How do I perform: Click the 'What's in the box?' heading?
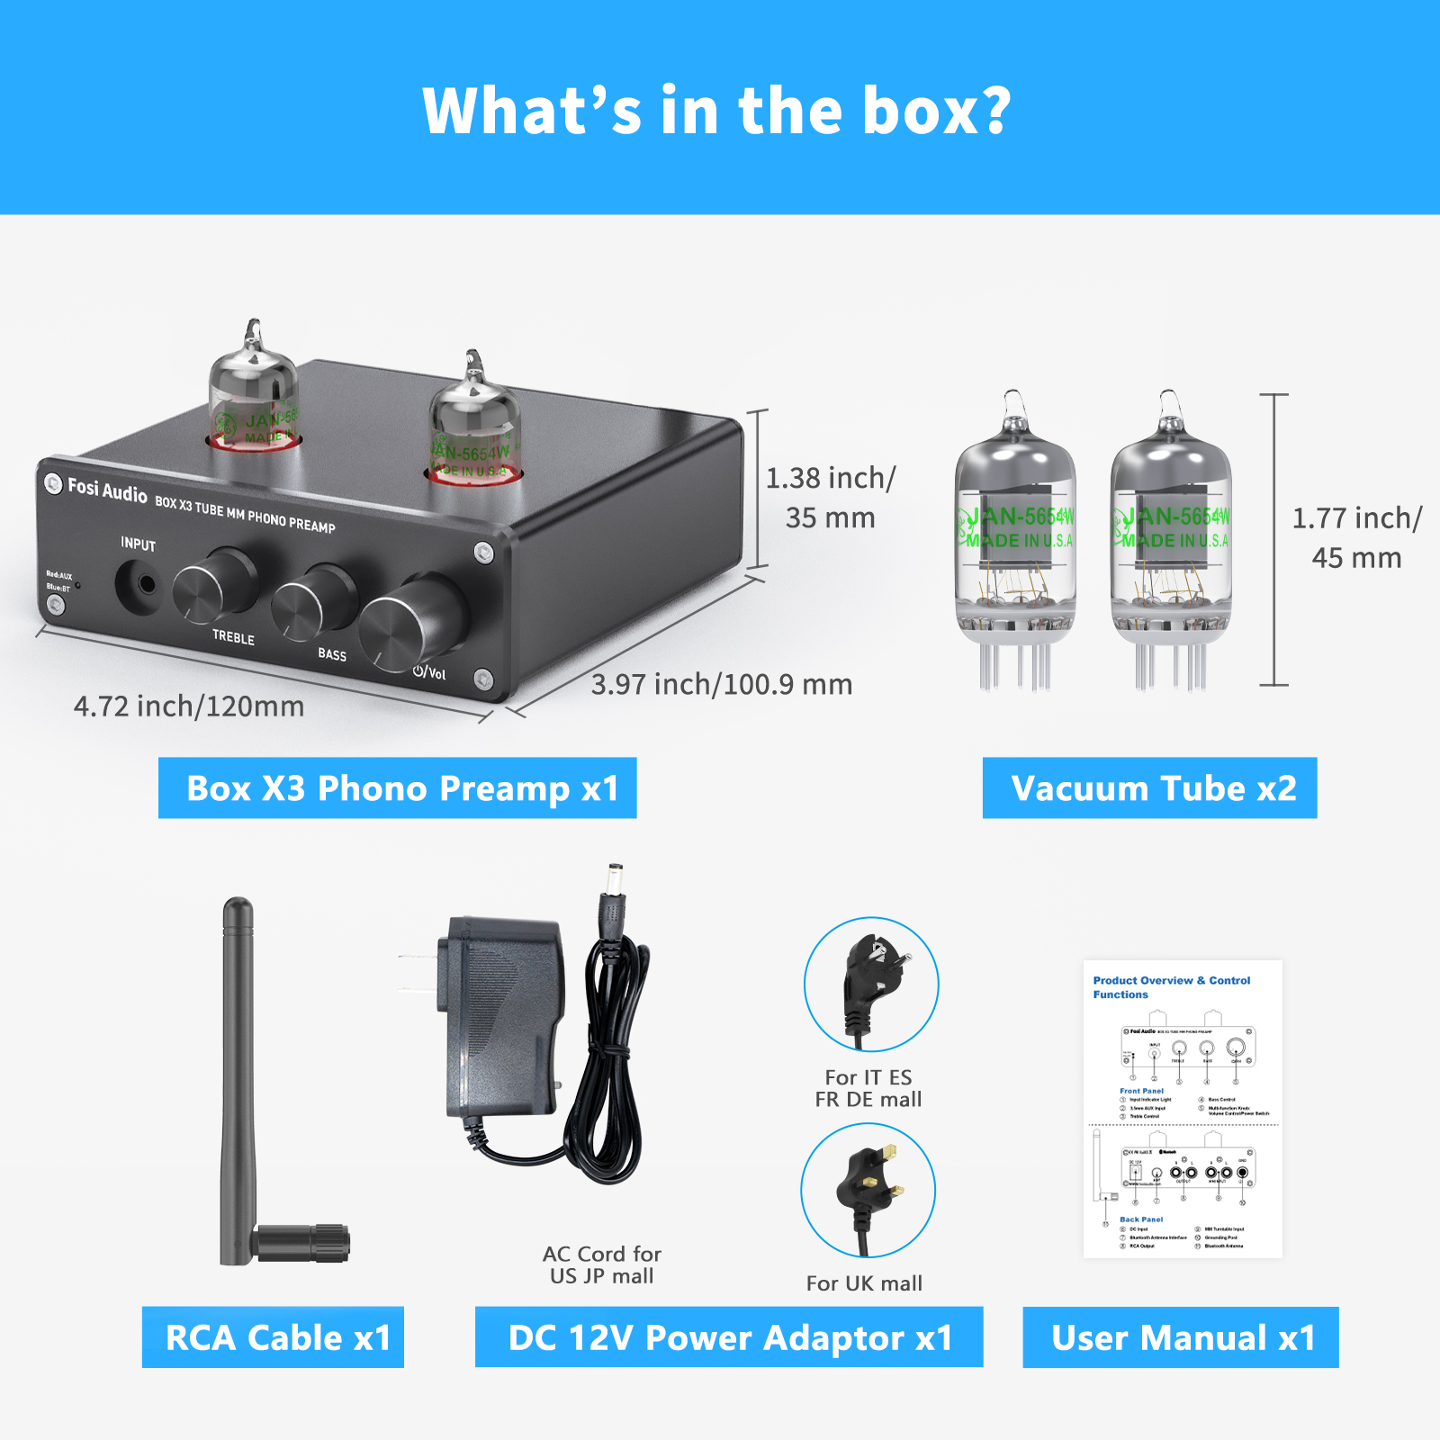tap(717, 111)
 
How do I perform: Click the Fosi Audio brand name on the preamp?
tap(106, 490)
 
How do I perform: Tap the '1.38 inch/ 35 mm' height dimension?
tap(830, 498)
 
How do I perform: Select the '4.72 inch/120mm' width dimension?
tap(189, 706)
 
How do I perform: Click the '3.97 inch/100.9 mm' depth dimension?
tap(721, 685)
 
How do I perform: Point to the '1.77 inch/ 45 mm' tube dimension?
tap(1356, 537)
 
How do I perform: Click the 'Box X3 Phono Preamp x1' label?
tap(398, 788)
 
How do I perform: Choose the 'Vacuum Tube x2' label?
tap(1149, 788)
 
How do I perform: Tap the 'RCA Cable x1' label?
tap(274, 1337)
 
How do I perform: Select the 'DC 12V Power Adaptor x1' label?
tap(729, 1337)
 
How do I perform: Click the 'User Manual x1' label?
tap(1181, 1337)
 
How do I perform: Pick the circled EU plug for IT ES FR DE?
tap(870, 985)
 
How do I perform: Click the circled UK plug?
tap(868, 1190)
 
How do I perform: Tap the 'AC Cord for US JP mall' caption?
tap(602, 1264)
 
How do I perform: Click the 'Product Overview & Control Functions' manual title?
tap(1171, 987)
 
